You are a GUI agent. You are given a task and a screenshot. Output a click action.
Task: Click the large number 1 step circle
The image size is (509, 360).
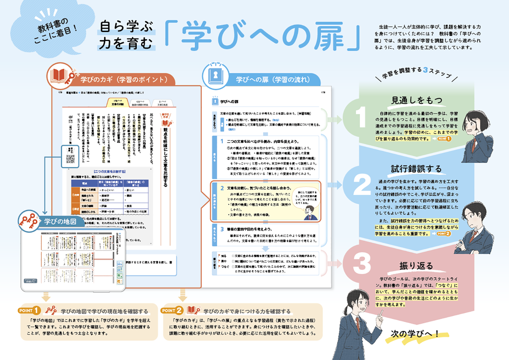[x=360, y=117]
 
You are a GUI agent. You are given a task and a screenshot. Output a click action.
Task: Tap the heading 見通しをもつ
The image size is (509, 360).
[x=417, y=100]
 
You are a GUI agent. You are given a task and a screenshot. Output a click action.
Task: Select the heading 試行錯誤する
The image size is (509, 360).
[x=416, y=169]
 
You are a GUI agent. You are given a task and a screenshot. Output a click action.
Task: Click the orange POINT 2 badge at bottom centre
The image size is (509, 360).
[x=172, y=310]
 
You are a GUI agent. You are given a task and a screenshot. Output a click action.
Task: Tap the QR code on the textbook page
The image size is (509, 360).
[x=70, y=159]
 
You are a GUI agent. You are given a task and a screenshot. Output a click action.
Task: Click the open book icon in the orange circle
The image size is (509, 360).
[x=59, y=76]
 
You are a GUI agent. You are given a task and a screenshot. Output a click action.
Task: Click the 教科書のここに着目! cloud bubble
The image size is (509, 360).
[x=53, y=30]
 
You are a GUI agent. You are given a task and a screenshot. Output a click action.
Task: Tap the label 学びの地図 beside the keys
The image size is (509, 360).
[x=60, y=222]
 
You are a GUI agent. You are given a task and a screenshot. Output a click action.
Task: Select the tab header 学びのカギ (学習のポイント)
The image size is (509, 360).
[x=124, y=80]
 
